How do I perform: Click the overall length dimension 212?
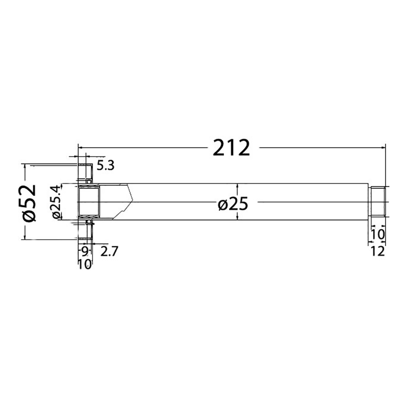pos(231,148)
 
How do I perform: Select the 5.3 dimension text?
pos(105,165)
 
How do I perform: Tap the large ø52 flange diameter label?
pos(30,202)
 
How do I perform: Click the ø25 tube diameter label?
pos(233,204)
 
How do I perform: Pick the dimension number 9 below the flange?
pos(85,251)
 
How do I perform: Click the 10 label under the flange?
pos(85,265)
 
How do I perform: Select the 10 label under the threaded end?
pos(378,234)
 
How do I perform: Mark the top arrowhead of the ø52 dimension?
pos(25,167)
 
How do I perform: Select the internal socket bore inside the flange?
pos(89,202)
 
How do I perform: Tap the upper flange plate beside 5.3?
pos(85,172)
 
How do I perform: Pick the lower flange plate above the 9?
pos(85,232)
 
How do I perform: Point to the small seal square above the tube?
pos(89,181)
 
